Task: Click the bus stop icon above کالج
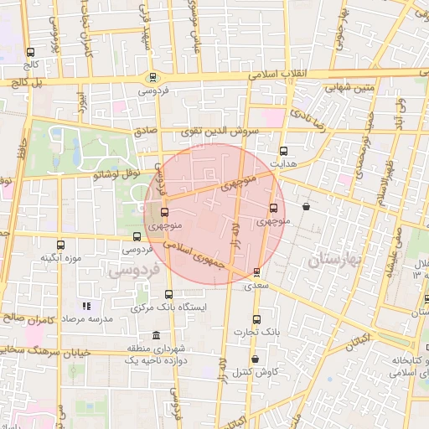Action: click(31, 52)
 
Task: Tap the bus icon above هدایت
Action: click(283, 151)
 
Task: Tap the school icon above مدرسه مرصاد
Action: click(85, 308)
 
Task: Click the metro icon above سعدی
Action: click(256, 272)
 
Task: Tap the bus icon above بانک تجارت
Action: click(256, 319)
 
